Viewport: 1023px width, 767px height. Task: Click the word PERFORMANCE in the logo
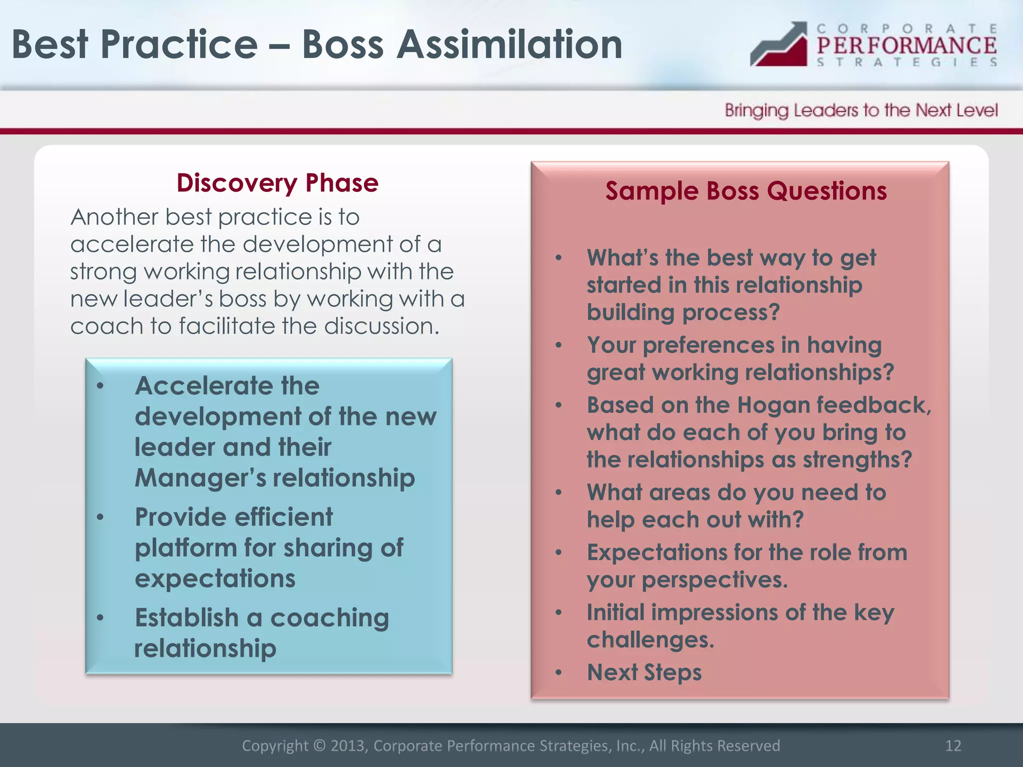(906, 46)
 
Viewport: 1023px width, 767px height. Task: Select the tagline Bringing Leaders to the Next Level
(861, 110)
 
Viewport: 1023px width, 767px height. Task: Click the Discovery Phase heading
(277, 183)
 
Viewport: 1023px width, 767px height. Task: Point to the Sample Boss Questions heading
(746, 191)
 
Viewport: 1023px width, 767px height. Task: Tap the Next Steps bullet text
(644, 672)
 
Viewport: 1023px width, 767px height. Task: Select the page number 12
(953, 746)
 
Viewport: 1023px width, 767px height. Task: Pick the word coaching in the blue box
(329, 618)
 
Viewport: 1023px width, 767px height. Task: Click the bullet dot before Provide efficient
(100, 518)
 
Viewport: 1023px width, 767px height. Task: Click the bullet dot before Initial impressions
(558, 613)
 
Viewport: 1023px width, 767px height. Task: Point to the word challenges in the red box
(650, 640)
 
